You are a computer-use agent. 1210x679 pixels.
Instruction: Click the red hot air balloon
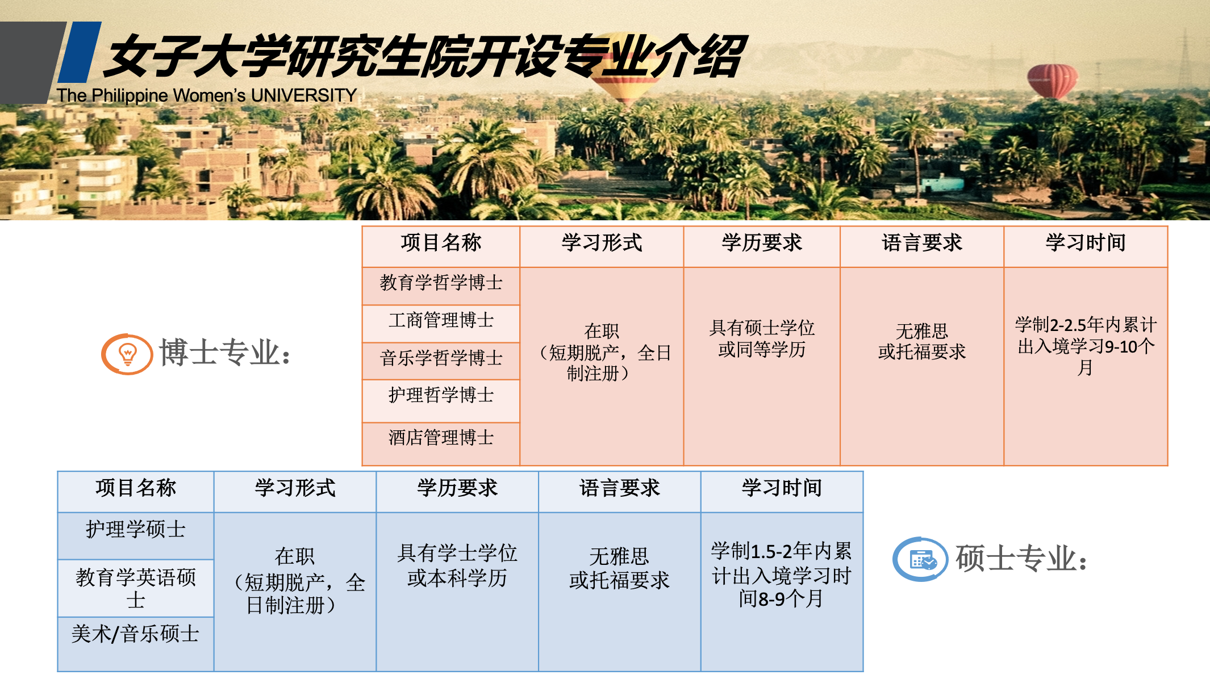click(1052, 81)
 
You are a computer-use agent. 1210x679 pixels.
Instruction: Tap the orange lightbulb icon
click(127, 354)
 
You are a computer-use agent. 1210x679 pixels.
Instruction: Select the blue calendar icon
click(920, 559)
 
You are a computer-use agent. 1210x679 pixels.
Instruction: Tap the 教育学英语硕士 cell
click(136, 588)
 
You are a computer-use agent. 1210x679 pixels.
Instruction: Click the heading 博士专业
click(225, 353)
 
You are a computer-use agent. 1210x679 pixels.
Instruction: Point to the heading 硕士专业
click(1021, 559)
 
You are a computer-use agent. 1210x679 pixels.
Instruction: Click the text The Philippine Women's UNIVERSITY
click(207, 95)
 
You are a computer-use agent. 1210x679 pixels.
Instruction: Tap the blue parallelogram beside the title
click(80, 52)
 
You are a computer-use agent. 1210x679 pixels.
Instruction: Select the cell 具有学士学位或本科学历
click(457, 565)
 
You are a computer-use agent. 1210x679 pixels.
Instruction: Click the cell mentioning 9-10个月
click(1086, 346)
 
